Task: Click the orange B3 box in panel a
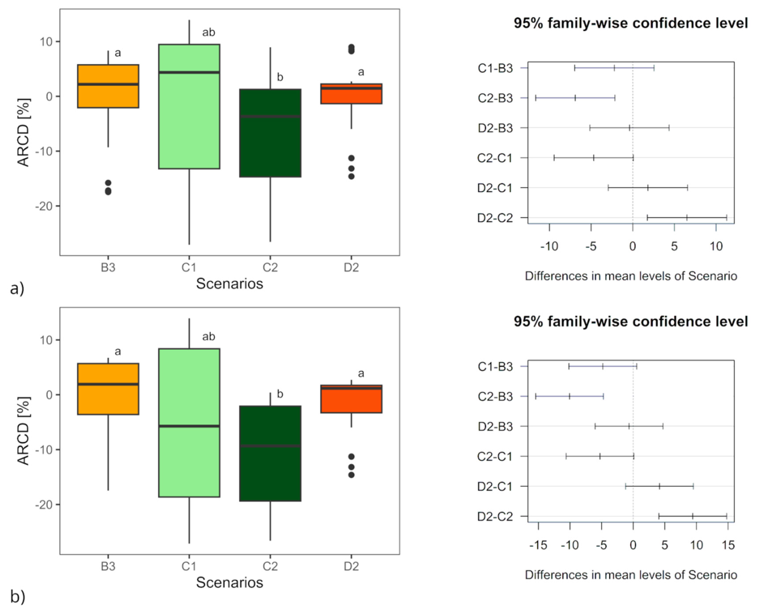(108, 86)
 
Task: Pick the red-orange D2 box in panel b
(351, 399)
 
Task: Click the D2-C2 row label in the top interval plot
(495, 218)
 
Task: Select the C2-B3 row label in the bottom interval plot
(495, 396)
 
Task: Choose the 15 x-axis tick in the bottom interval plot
(728, 545)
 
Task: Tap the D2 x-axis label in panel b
(351, 566)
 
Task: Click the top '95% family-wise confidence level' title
(631, 23)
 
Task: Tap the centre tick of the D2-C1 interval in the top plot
(648, 188)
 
